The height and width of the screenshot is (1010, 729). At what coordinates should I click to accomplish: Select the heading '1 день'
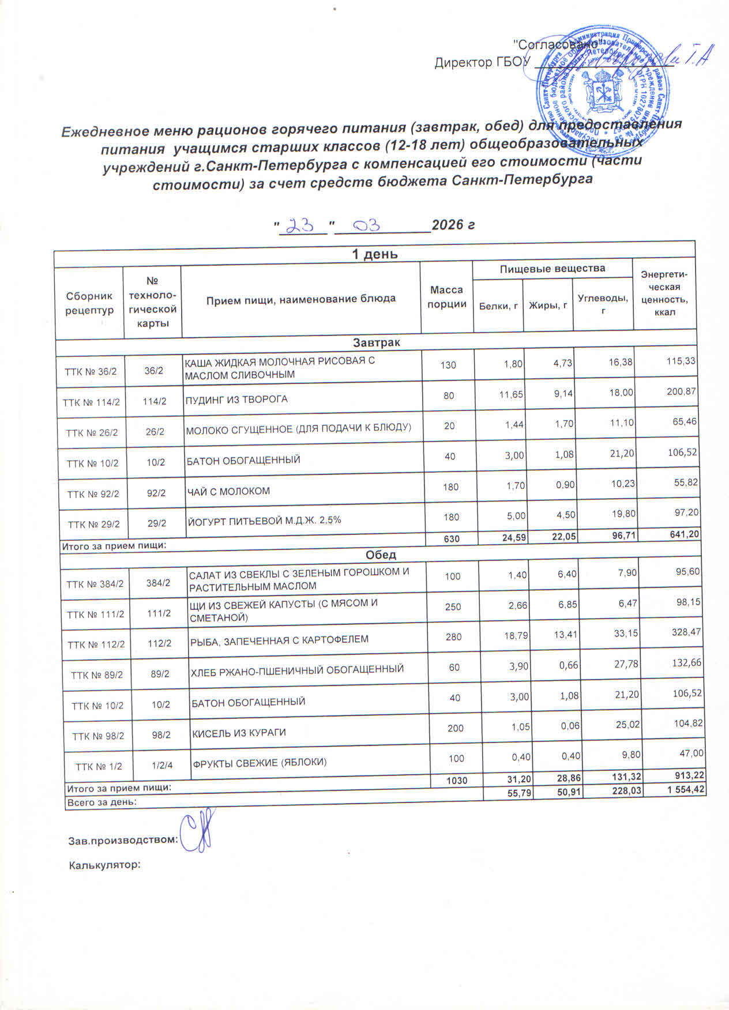click(375, 254)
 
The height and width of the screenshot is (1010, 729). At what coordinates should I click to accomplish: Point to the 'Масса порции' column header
click(446, 297)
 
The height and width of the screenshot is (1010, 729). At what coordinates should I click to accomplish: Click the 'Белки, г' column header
click(498, 306)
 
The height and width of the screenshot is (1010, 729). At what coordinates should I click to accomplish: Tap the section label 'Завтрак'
click(376, 342)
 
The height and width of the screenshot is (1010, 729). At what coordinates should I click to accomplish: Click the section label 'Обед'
click(381, 555)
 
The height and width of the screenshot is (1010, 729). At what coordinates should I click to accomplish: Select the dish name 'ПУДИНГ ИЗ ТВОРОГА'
click(236, 399)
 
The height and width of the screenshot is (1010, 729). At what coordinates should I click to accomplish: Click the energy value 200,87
click(681, 391)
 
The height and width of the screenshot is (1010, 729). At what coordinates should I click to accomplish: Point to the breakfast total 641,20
click(683, 534)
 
